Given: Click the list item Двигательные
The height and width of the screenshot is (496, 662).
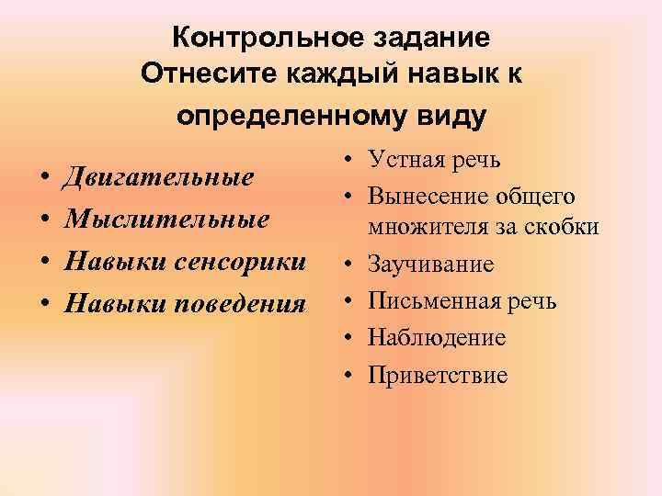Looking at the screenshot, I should [156, 178].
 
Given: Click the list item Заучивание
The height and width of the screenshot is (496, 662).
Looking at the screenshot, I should [431, 265].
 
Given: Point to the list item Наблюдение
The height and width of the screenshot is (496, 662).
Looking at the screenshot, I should [437, 338].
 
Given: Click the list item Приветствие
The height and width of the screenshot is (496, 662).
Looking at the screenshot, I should [438, 375].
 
